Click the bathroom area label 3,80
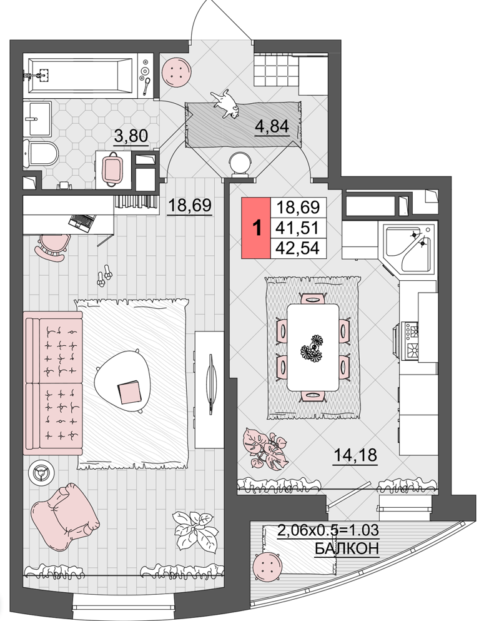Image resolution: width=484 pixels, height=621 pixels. [131, 136]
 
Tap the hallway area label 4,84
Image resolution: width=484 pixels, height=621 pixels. [272, 126]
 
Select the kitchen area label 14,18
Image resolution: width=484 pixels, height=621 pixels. [355, 455]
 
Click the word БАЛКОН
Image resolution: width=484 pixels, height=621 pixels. [347, 548]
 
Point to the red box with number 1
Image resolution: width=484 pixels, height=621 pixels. [256, 228]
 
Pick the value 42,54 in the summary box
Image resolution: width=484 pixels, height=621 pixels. [298, 248]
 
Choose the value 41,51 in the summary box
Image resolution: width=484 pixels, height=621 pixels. [298, 228]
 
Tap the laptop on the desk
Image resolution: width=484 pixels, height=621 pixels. [82, 222]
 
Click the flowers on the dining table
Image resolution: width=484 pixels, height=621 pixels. [313, 348]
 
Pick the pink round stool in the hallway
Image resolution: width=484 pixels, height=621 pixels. [175, 72]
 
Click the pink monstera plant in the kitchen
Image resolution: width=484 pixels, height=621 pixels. [265, 449]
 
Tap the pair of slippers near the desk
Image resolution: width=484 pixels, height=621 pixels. [104, 275]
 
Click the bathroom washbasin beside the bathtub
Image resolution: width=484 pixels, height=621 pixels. [37, 118]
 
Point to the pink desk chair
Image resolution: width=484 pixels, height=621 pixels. [51, 248]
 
